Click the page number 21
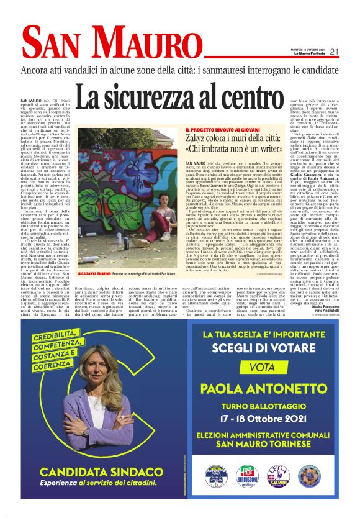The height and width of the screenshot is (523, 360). (x=334, y=52)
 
